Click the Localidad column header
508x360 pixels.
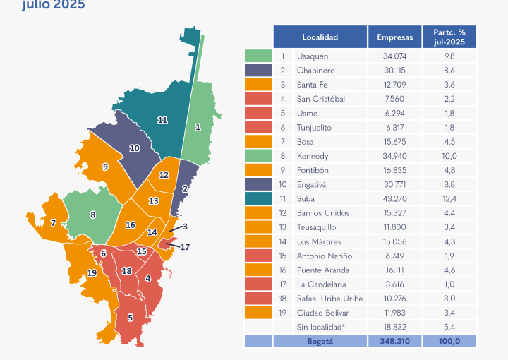pos(320,37)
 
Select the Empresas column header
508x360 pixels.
pos(394,37)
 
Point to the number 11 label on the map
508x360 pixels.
pos(162,120)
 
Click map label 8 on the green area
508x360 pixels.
pos(92,215)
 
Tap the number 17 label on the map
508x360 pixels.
pos(186,247)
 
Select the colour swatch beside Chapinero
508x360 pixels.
pos(258,71)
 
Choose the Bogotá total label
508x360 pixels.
pos(320,341)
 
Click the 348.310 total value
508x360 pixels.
pos(394,341)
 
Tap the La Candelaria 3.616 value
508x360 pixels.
pos(394,284)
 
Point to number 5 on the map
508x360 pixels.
pos(131,318)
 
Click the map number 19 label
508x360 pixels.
pos(92,273)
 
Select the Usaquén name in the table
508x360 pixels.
pos(313,56)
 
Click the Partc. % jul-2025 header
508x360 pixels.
pos(449,37)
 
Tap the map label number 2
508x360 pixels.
pos(185,188)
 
